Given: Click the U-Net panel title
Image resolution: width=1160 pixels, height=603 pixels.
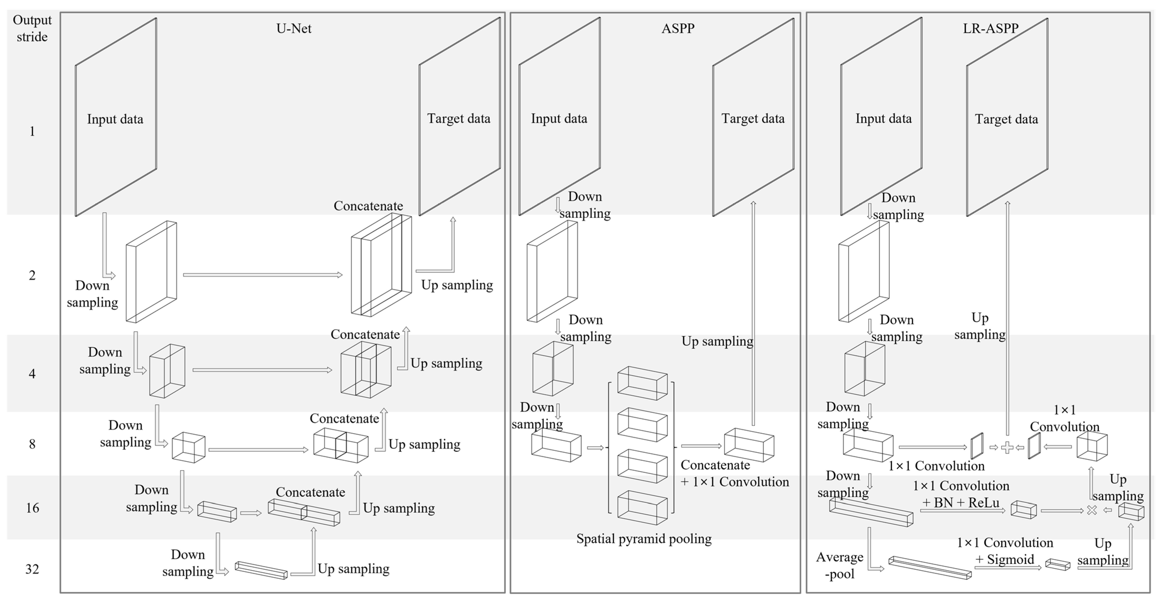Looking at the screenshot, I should click(x=294, y=29).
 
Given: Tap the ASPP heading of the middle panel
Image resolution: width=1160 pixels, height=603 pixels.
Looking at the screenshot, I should click(x=678, y=29).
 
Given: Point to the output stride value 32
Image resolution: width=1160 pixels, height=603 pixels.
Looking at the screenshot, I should click(x=32, y=569).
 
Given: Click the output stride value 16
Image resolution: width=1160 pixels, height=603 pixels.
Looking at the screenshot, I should click(x=32, y=508).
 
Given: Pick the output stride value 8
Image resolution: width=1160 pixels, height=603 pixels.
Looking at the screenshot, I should click(x=32, y=444).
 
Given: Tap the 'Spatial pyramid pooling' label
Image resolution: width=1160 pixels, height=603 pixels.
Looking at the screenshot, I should click(x=644, y=539).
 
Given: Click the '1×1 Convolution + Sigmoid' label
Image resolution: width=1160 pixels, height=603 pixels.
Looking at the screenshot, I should click(x=1005, y=551).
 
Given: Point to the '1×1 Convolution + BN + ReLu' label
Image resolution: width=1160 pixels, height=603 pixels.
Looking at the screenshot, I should click(x=961, y=494).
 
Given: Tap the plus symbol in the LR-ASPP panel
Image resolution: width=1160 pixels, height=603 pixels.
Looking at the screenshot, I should click(x=1007, y=448).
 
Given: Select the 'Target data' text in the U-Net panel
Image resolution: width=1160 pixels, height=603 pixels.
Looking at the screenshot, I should click(x=458, y=118).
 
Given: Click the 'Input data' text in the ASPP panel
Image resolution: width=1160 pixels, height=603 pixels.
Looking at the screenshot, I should click(x=559, y=118).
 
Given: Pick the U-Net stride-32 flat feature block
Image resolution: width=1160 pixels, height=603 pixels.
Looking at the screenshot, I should click(x=261, y=570).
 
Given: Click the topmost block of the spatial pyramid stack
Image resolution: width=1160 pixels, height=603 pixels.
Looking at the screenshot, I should click(x=642, y=383).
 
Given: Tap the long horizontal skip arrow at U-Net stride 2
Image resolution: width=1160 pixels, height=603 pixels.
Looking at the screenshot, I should click(x=262, y=274).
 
